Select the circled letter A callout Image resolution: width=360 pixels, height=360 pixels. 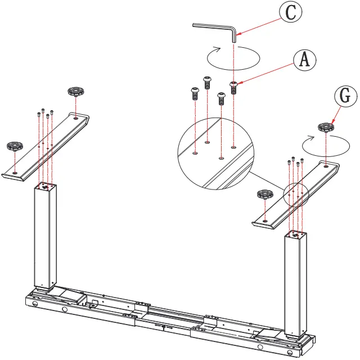[x=304, y=59]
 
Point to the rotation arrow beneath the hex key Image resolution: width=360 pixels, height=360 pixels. [x=233, y=56]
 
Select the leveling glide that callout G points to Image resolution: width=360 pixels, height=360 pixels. [x=325, y=128]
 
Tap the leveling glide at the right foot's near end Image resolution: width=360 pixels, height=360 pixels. [x=263, y=195]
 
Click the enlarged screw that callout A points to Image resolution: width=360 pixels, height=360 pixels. [x=234, y=87]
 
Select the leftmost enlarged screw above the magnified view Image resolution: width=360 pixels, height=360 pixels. [x=195, y=92]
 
